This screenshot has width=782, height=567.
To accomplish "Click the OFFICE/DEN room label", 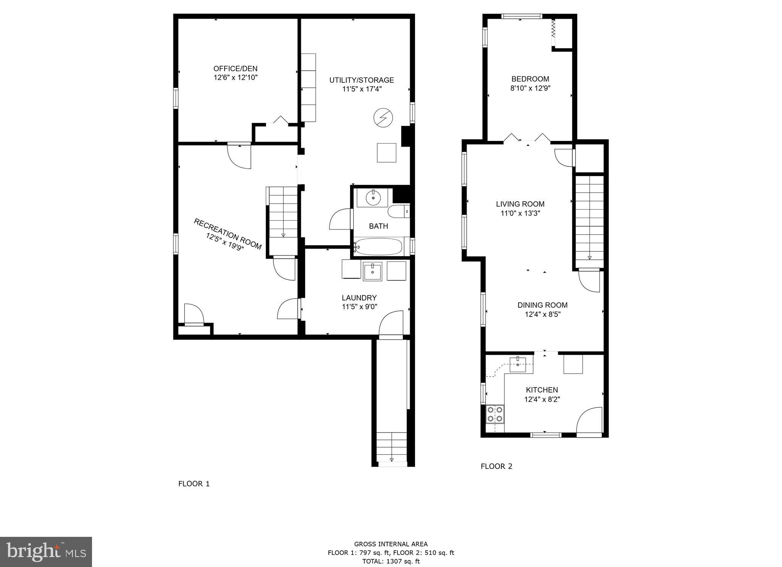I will pyautogui.click(x=235, y=69).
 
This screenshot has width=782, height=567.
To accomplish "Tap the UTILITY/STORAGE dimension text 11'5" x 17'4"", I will pyautogui.click(x=362, y=89).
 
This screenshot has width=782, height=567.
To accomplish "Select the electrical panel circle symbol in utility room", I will pyautogui.click(x=383, y=118).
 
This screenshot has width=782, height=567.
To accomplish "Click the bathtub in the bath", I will pyautogui.click(x=378, y=247).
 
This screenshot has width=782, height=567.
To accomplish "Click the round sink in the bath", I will pyautogui.click(x=373, y=198).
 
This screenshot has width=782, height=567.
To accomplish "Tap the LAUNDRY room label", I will pyautogui.click(x=359, y=298).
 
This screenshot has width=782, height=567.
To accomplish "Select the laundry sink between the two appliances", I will pyautogui.click(x=372, y=271).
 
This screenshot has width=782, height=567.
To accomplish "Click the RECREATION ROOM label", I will pyautogui.click(x=228, y=234).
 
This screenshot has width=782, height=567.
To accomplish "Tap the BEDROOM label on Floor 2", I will pyautogui.click(x=530, y=79).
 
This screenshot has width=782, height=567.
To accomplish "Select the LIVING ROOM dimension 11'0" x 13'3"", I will pyautogui.click(x=520, y=213).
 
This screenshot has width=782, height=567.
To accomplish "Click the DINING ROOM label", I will pyautogui.click(x=542, y=305).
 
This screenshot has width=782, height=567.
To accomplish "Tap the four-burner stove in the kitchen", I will pyautogui.click(x=495, y=414).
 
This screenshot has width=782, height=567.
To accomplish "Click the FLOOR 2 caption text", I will pyautogui.click(x=496, y=466).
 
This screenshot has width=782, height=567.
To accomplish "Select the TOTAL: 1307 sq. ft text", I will pyautogui.click(x=391, y=561).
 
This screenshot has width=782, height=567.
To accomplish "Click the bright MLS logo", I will pyautogui.click(x=46, y=552).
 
